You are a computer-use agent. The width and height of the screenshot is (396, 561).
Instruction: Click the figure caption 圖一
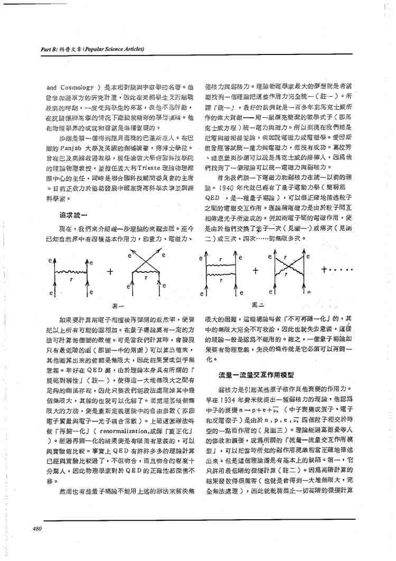118,305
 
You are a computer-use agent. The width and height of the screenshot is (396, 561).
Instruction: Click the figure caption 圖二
258,305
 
